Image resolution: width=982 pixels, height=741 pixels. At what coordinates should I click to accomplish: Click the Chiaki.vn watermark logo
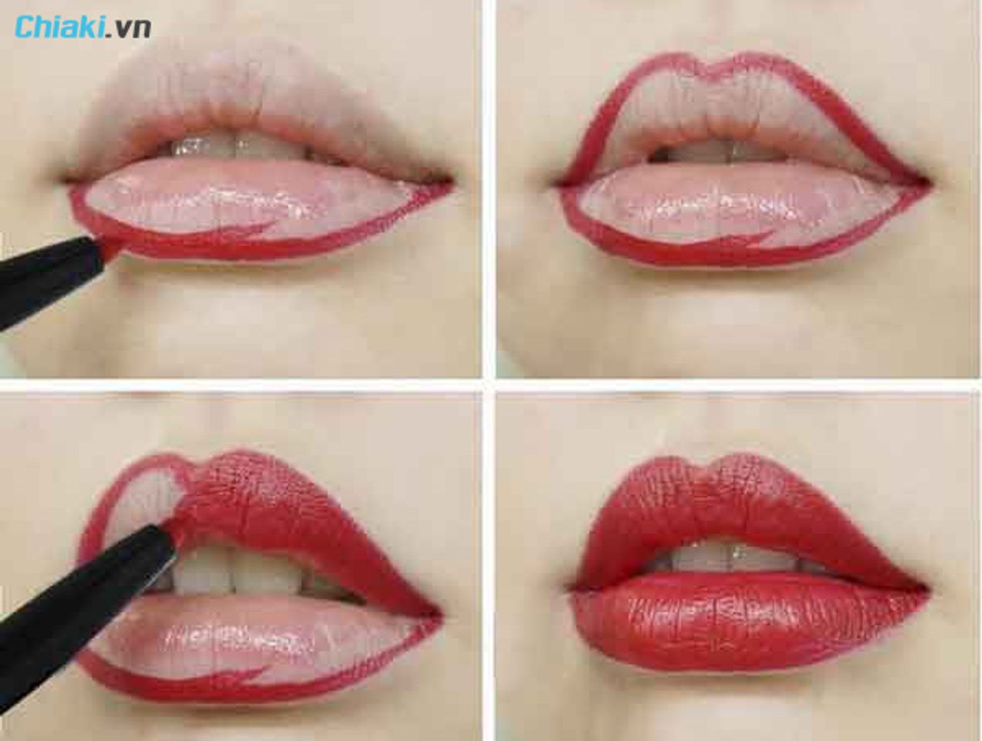pyautogui.click(x=83, y=27)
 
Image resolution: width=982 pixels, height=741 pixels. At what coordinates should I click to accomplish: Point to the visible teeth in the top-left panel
pyautogui.click(x=232, y=147)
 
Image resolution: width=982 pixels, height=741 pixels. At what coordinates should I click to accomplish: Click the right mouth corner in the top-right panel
pyautogui.click(x=925, y=182)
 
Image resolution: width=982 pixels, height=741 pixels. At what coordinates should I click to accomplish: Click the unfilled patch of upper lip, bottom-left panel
pyautogui.click(x=139, y=506)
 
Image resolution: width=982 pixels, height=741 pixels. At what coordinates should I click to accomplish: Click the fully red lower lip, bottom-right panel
pyautogui.click(x=747, y=626)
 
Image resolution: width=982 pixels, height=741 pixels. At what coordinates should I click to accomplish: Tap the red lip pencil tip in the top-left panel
pyautogui.click(x=111, y=247)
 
